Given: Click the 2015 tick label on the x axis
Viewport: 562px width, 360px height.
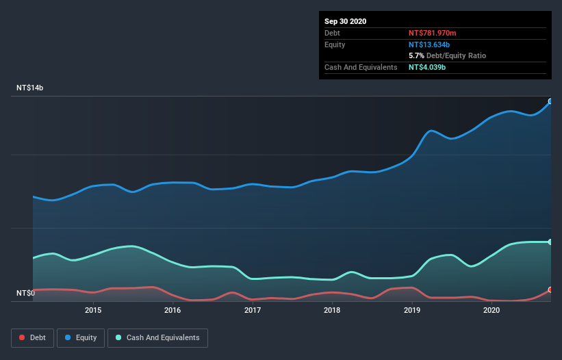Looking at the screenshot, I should tap(93, 310).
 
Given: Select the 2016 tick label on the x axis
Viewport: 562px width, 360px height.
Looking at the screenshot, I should tap(173, 310).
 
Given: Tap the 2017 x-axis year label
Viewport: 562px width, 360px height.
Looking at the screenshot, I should tap(253, 310).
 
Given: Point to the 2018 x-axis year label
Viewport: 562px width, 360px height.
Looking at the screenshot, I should tap(332, 310).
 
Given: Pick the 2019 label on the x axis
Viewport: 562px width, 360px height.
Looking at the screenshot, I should tap(412, 310).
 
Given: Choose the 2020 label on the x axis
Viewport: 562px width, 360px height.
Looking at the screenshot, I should tap(491, 310).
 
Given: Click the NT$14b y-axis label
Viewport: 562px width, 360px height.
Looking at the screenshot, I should tap(30, 88).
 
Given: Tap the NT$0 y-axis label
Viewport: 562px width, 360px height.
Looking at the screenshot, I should tap(25, 293).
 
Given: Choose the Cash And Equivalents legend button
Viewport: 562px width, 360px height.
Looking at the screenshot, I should tap(157, 337).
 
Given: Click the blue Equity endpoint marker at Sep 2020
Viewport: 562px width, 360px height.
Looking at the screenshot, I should tap(550, 101).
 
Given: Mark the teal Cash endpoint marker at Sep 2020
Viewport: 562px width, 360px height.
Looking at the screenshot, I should tap(550, 242).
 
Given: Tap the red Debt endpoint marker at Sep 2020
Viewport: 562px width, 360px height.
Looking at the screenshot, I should tap(550, 290).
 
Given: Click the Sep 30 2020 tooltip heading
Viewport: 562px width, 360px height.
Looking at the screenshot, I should tap(345, 21).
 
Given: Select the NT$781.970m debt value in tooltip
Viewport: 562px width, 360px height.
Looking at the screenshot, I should tap(432, 33).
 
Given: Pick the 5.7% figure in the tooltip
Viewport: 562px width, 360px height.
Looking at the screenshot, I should tap(416, 55).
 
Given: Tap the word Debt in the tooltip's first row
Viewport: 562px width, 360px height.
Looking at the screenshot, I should tap(333, 33).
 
